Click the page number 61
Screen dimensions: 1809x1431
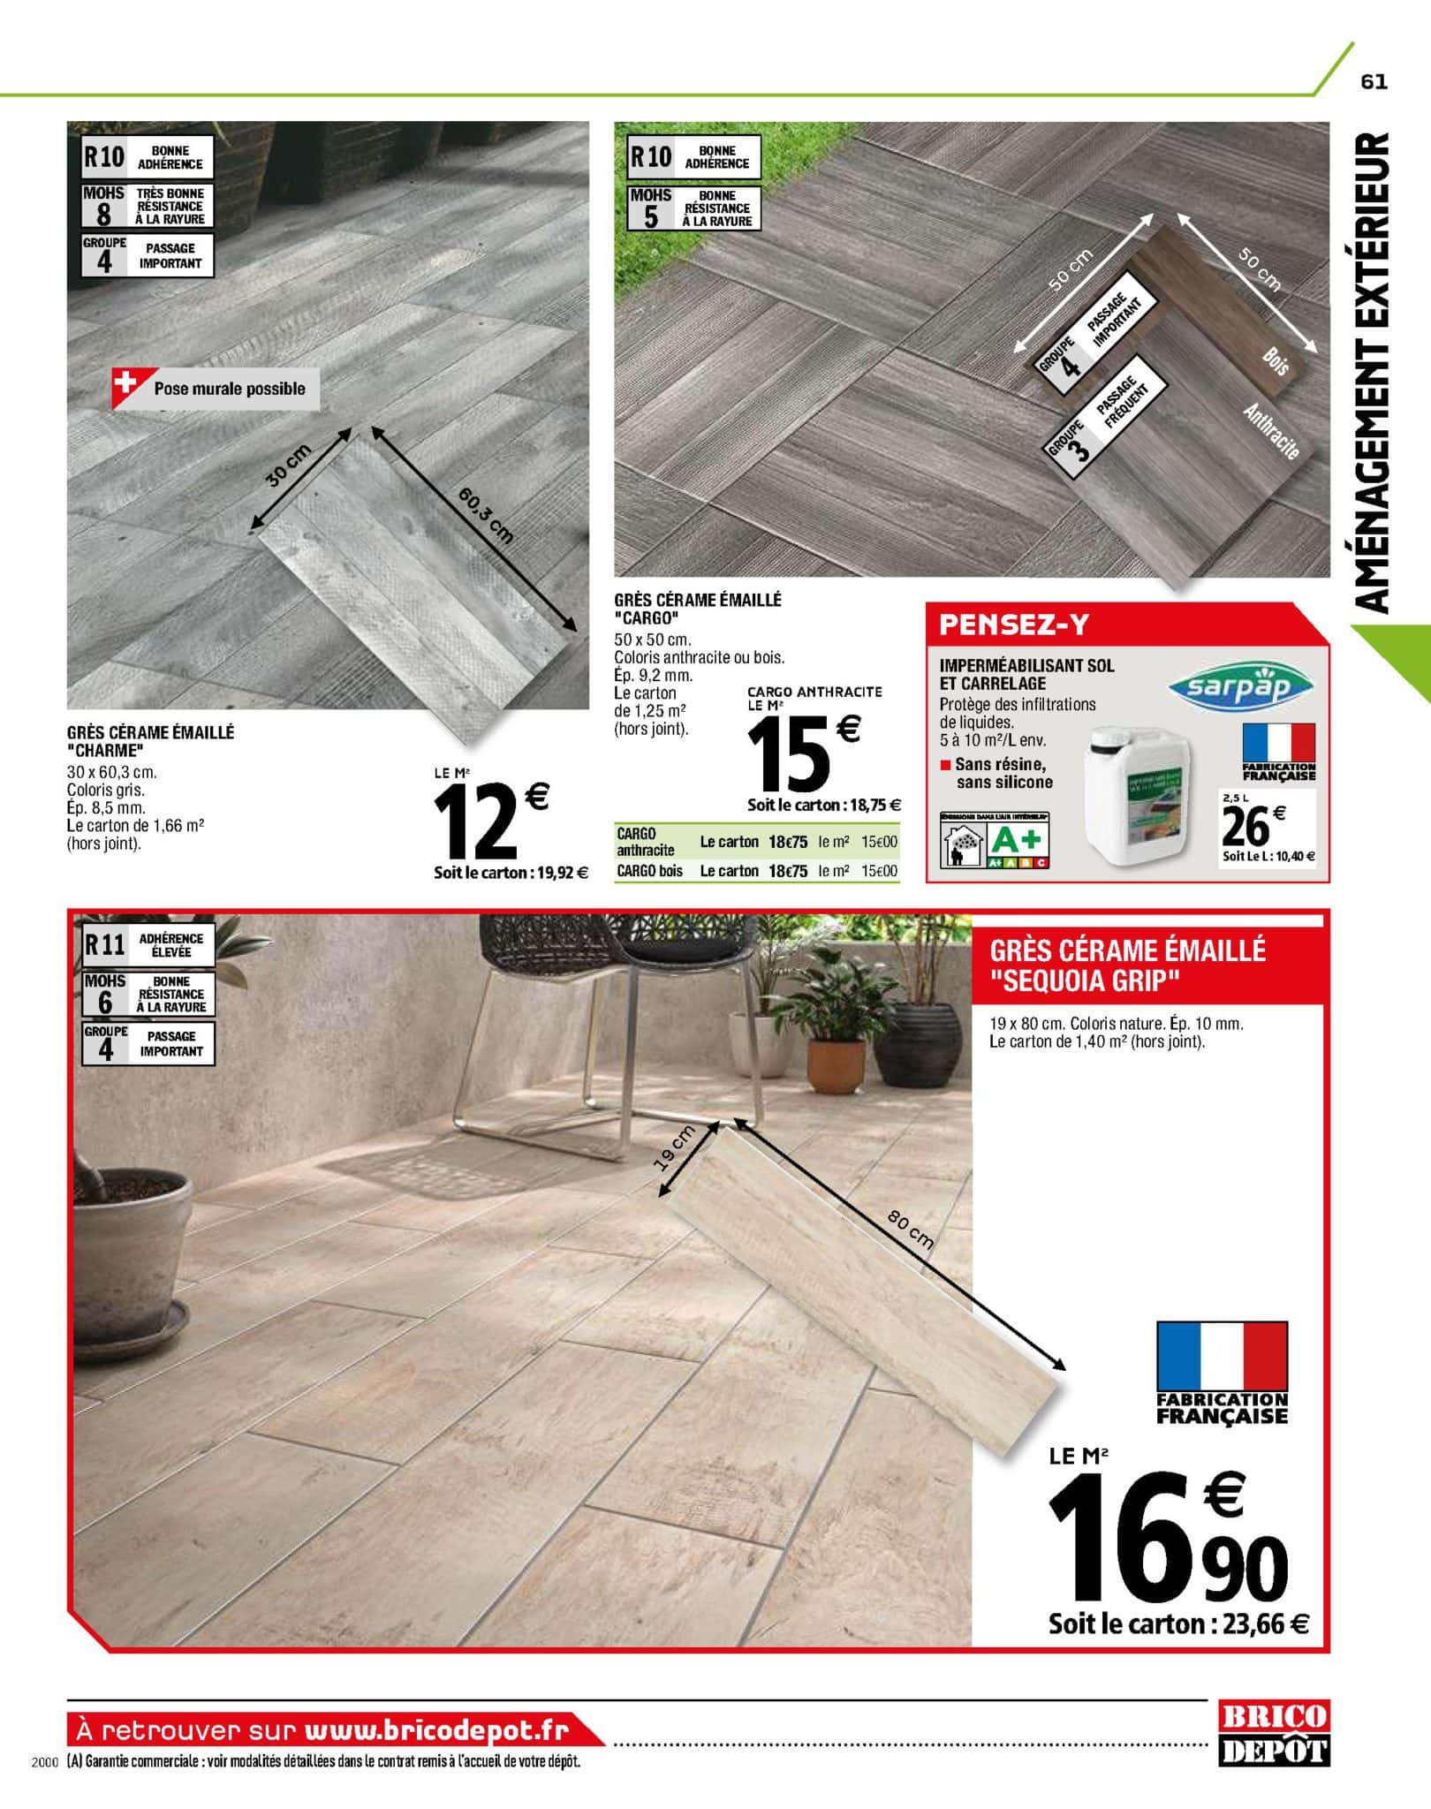tap(1374, 81)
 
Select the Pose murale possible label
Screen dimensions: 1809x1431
tap(228, 389)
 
